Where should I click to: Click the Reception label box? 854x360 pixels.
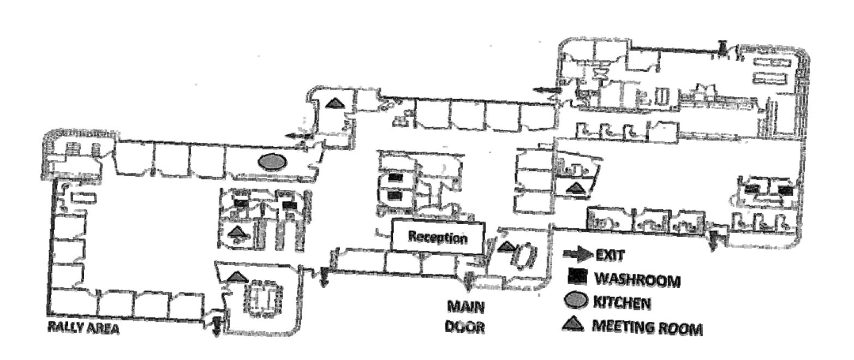(x=438, y=237)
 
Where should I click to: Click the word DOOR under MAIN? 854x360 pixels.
(x=466, y=328)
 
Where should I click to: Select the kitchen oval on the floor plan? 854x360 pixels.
(x=272, y=161)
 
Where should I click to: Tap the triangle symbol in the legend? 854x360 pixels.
(x=571, y=326)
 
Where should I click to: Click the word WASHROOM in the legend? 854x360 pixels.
(x=637, y=280)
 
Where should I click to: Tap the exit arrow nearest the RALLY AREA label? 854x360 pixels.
(x=217, y=325)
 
